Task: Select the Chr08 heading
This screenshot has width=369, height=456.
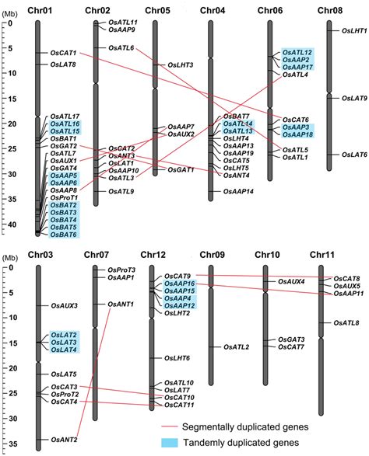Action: click(331, 10)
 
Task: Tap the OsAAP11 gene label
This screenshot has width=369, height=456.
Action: click(348, 294)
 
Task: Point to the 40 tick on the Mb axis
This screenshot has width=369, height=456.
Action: click(10, 225)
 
